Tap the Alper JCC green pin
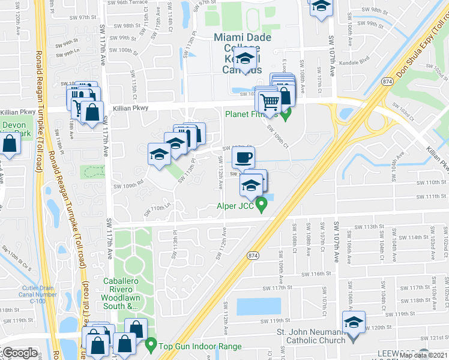coord(261,206)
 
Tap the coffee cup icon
coord(243,158)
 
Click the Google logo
coord(20,353)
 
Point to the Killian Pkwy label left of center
coord(130,109)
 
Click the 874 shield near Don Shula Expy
coord(387,81)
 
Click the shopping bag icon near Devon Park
coord(10,144)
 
